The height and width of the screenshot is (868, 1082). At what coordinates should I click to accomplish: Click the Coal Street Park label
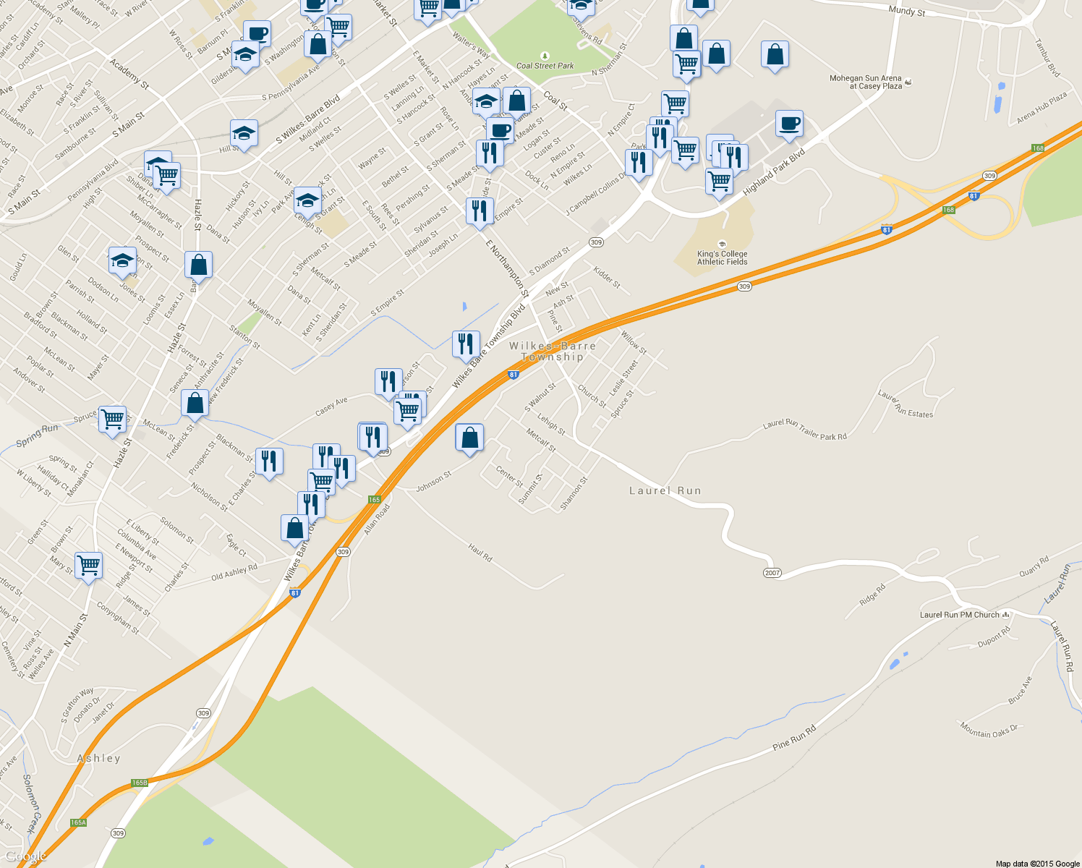pos(545,65)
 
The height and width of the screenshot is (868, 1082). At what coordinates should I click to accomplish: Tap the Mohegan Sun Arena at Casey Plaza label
pos(866,82)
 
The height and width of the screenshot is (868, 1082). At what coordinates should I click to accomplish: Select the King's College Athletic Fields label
pos(722,258)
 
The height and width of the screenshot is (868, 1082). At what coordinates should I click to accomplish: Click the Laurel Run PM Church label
pos(960,615)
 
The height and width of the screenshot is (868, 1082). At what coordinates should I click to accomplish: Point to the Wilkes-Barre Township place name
pos(553,351)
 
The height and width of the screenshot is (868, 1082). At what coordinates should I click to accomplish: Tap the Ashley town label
pos(98,758)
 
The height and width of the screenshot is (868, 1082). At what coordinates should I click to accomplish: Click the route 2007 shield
pos(772,573)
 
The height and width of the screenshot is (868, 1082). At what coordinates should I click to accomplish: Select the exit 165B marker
pos(140,783)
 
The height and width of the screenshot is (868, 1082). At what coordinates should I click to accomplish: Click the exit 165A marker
pos(78,822)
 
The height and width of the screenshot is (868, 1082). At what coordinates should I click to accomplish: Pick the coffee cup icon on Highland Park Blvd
pos(789,122)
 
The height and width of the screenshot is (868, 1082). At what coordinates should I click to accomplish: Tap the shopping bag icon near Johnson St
pos(469,438)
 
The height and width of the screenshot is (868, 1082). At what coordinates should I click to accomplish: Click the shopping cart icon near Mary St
pos(88,565)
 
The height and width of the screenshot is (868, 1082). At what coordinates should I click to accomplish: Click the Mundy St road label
pos(906,11)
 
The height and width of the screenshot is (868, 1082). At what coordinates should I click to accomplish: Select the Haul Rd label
pos(480,553)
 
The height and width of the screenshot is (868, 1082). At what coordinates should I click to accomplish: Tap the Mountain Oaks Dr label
pos(989,730)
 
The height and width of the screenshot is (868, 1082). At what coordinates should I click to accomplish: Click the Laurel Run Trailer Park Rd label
pos(804,430)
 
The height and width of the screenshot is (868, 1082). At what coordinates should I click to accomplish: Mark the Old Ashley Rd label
pos(234,573)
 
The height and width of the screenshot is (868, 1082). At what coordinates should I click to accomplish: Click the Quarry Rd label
pos(1034,566)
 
